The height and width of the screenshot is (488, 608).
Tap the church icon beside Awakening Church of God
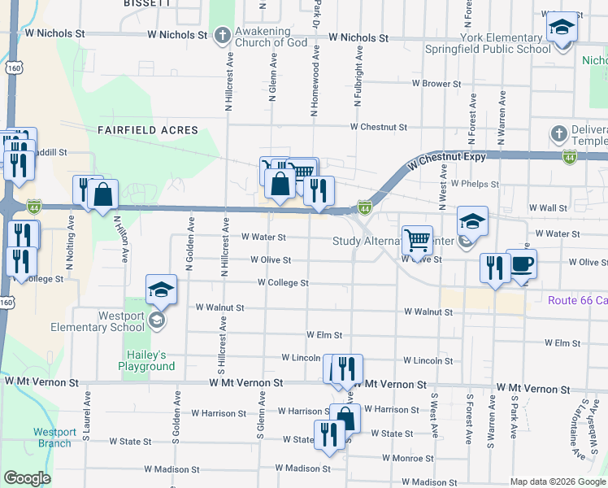[224, 35]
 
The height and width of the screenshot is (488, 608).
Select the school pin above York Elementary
[561, 28]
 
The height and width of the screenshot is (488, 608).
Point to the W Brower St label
[436, 84]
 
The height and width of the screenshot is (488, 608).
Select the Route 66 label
[577, 300]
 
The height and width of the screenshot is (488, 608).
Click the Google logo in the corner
[27, 478]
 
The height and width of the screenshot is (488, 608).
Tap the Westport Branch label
[54, 438]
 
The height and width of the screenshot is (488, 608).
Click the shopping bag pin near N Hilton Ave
[103, 196]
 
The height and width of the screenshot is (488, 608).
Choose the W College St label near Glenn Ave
[283, 283]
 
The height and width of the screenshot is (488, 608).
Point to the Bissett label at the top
[146, 3]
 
